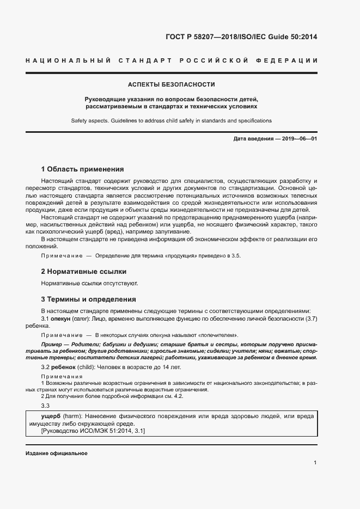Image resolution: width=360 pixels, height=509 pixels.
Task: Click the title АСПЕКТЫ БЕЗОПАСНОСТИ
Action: click(x=171, y=84)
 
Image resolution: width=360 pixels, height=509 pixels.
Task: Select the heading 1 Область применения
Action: click(x=82, y=169)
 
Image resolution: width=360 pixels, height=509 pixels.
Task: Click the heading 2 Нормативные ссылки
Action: click(x=84, y=271)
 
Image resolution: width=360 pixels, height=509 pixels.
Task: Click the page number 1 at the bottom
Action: click(x=315, y=463)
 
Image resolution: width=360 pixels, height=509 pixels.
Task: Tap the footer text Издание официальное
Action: click(x=56, y=453)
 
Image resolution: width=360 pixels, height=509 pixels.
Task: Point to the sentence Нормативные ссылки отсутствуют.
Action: click(x=89, y=283)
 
